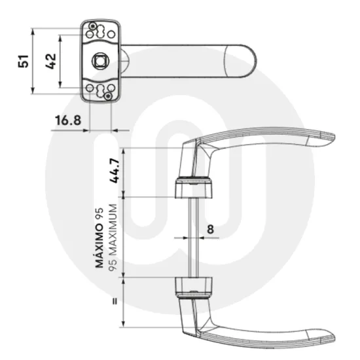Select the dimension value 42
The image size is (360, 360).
(x=51, y=62)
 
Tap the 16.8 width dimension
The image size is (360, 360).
(x=68, y=120)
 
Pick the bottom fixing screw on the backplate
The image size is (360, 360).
(x=109, y=96)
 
